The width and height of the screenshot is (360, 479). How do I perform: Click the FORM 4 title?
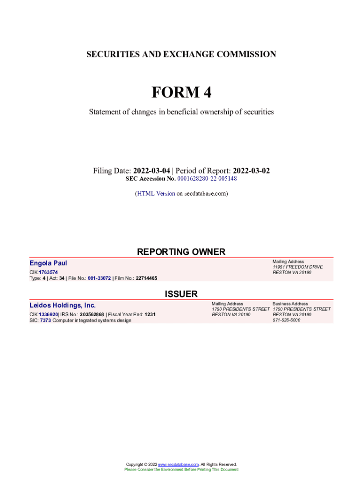(181, 93)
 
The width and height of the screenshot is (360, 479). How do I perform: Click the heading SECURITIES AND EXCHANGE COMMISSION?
(181, 54)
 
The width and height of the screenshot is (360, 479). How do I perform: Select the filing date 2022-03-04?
(151, 171)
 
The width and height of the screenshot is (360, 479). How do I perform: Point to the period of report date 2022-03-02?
(251, 171)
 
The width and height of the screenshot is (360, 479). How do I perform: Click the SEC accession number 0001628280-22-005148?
(207, 179)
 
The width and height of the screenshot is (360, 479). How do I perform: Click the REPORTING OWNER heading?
(181, 252)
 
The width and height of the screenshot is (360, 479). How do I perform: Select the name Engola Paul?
(48, 263)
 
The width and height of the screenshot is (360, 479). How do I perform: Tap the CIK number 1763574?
(49, 272)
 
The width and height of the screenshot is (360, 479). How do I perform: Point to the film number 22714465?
(146, 278)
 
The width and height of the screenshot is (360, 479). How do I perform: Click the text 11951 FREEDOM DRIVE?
(297, 267)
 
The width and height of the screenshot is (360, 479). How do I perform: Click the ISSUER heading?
(181, 294)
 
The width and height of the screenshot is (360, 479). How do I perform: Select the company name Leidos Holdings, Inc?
(63, 305)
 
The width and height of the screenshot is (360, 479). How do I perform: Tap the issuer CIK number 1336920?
(48, 315)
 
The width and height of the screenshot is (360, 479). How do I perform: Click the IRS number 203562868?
(92, 315)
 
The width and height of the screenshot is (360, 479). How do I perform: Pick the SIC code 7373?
(45, 320)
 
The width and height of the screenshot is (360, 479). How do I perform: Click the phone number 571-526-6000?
(287, 320)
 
